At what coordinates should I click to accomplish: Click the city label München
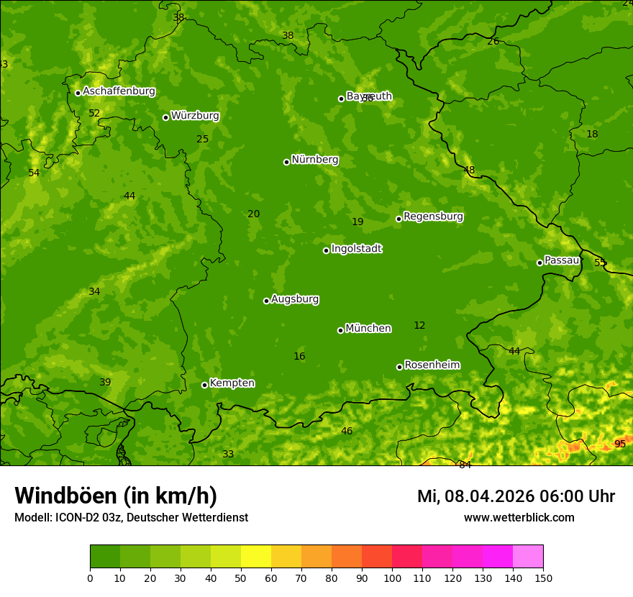pos(368,329)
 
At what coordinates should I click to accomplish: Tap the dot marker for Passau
pos(539,263)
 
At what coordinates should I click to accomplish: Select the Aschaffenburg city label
pos(119,91)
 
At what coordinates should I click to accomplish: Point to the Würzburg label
pos(194,116)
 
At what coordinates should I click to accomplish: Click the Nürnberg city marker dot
pos(286,162)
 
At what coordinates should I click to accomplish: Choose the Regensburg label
pos(433,217)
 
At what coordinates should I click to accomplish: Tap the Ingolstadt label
pos(356,249)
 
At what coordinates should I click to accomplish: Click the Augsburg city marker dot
pos(266,301)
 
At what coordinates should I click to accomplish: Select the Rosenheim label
pos(432,365)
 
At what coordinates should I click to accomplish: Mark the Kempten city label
pos(232,383)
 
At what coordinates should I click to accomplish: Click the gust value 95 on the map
pos(620,445)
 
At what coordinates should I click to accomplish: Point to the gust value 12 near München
pos(419,326)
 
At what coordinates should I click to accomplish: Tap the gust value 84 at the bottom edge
pos(465,465)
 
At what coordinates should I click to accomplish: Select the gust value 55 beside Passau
pos(600,263)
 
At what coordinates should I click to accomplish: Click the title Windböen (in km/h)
pos(116,496)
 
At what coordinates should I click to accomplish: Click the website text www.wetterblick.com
pos(519,518)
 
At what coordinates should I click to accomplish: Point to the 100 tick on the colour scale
pos(392,578)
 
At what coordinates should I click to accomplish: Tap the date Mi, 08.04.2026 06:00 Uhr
pos(516,496)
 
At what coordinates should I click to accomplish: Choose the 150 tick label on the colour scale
pos(543,578)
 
